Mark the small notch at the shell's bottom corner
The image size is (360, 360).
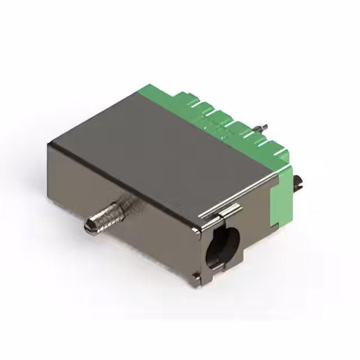[195, 275]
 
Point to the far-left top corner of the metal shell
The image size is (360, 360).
[49, 144]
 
